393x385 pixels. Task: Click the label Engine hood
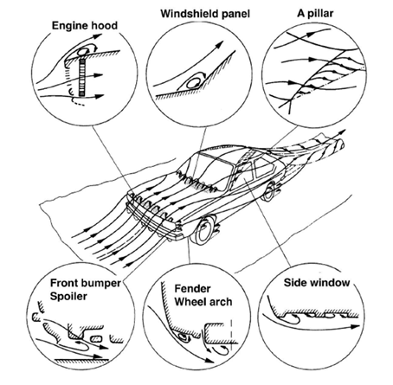click(x=85, y=26)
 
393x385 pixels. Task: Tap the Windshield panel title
click(x=205, y=14)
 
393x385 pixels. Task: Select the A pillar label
click(x=315, y=13)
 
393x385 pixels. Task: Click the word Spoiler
click(x=68, y=296)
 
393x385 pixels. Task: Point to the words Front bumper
click(x=86, y=283)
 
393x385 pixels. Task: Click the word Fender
click(x=192, y=288)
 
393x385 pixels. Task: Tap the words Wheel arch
click(x=203, y=302)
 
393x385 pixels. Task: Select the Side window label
click(x=317, y=282)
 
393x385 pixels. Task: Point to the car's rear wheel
click(x=268, y=191)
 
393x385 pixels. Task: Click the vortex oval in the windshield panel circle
click(x=192, y=84)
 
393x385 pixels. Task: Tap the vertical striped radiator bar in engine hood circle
click(x=82, y=77)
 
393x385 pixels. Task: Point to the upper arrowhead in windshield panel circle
click(x=220, y=45)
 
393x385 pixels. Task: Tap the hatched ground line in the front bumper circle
click(x=81, y=360)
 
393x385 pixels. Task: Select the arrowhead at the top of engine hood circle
click(x=98, y=36)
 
